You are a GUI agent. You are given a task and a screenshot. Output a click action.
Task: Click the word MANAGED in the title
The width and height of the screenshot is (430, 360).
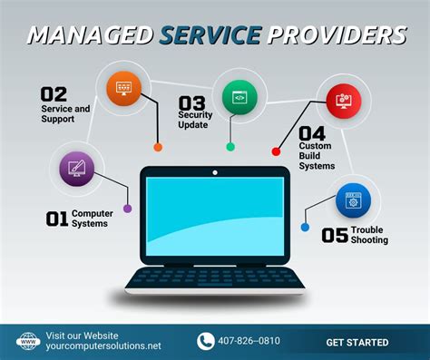point(90,35)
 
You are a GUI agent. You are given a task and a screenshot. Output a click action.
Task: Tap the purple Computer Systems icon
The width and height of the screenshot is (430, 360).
point(75,168)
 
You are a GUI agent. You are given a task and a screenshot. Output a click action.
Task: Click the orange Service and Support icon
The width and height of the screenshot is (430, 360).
point(123,87)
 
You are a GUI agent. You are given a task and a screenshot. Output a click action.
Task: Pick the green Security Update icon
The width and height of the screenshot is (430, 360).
point(239,96)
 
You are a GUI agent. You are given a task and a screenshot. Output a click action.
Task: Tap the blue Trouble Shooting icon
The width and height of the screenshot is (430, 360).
point(353,199)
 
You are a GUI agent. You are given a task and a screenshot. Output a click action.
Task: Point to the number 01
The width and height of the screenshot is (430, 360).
point(56,219)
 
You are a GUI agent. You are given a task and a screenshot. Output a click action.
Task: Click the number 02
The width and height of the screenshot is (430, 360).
point(54,93)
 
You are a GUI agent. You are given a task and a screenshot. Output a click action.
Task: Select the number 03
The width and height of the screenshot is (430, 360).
point(191,102)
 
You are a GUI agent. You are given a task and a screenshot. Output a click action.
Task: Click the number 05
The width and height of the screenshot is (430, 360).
point(335,235)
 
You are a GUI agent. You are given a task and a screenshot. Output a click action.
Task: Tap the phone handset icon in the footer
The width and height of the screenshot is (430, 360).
point(205,342)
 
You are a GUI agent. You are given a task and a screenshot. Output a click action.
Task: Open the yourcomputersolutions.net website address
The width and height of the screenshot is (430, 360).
point(103,347)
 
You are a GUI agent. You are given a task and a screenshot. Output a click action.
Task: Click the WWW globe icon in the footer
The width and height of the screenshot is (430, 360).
point(27,342)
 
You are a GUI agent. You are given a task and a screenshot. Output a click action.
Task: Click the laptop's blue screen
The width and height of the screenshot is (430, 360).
point(214,219)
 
